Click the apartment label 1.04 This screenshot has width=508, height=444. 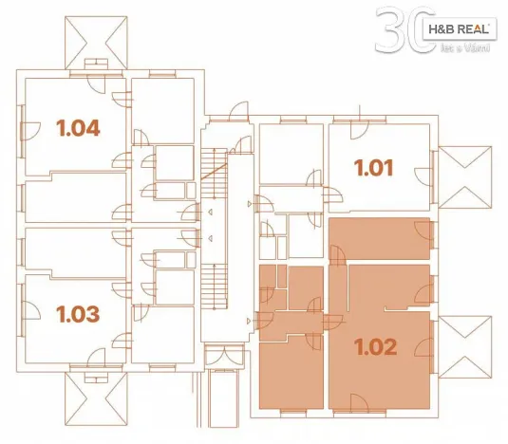pyautogui.click(x=79, y=126)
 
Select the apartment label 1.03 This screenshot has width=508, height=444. pyautogui.click(x=79, y=312)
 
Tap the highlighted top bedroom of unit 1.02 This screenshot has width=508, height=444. pyautogui.click(x=380, y=237)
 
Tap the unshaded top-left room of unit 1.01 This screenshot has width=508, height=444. pyautogui.click(x=290, y=154)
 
